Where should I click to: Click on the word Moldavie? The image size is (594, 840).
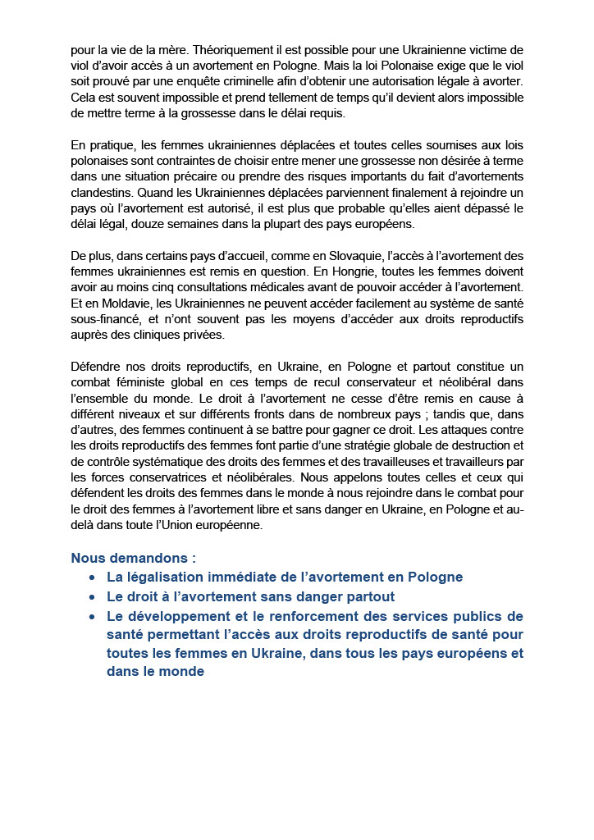click(x=116, y=303)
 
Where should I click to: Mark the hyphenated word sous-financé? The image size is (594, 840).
click(x=106, y=318)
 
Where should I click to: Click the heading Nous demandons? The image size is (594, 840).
click(x=133, y=559)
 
